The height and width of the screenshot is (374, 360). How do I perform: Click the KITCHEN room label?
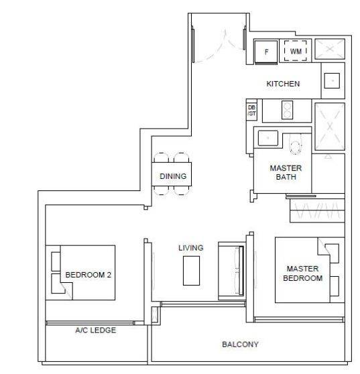point(283,84)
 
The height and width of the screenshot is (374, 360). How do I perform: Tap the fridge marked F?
point(266,52)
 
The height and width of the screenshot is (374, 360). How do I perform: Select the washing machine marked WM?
point(296,51)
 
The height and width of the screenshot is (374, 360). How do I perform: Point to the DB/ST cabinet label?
point(251,111)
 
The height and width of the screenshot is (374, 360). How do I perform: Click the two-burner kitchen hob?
point(287,110)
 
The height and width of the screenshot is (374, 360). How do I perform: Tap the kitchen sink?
point(332,80)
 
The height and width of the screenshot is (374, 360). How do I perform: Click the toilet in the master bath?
point(296,143)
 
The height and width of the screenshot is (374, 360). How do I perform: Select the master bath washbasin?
point(268,138)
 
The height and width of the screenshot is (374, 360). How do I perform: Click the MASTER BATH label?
point(286,172)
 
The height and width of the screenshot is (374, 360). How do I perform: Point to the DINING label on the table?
point(173,176)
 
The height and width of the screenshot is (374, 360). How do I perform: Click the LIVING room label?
point(191,248)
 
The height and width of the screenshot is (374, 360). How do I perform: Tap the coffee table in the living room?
point(191,271)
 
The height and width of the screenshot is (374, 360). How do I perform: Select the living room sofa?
point(231,271)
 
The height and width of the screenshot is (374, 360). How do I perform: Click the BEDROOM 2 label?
point(88,275)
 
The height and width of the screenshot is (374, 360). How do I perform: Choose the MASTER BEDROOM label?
point(302,273)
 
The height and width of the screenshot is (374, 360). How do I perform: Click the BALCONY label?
point(240,345)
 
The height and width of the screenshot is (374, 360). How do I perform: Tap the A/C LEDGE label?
point(96,330)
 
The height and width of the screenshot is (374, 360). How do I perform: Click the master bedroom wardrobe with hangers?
point(317,210)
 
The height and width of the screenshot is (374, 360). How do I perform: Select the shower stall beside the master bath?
point(330,127)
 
